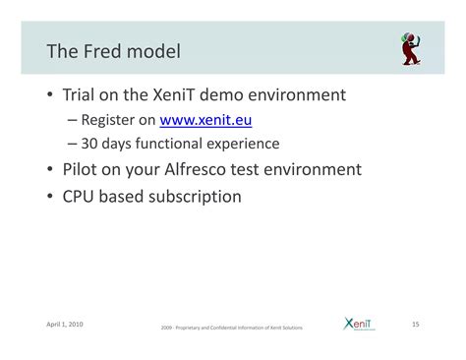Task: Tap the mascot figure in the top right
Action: tap(410, 49)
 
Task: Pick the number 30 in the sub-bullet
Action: tap(89, 144)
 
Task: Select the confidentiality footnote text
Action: tap(232, 328)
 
